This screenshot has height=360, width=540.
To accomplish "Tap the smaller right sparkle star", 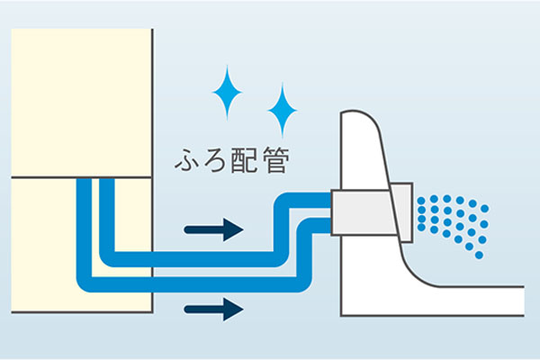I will (x=283, y=110).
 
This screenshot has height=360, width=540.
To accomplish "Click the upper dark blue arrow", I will (x=213, y=229).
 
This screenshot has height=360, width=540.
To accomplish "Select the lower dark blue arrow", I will (x=213, y=310).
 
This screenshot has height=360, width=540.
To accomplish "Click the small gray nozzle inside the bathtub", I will (x=402, y=213).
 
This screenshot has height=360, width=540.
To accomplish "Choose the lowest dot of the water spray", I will (x=479, y=256).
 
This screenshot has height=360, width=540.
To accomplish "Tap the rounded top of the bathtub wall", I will (x=360, y=121).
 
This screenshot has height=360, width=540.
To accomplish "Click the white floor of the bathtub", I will (x=468, y=301).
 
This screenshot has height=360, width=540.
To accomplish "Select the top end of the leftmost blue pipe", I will (x=84, y=183).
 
